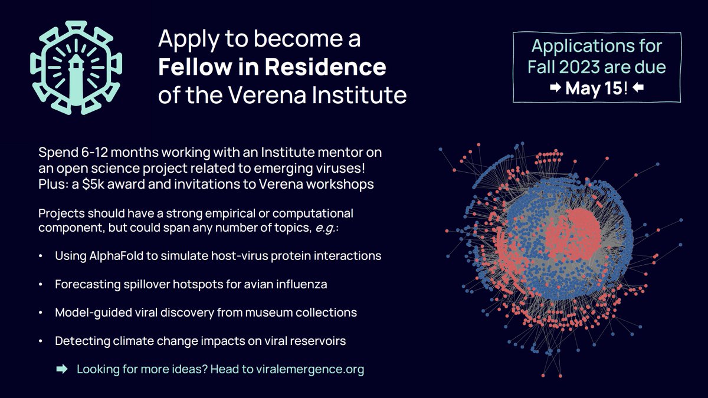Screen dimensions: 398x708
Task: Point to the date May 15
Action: pyautogui.click(x=592, y=88)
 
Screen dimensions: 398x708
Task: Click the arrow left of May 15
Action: pyautogui.click(x=556, y=88)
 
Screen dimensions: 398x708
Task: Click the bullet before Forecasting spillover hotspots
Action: pyautogui.click(x=40, y=285)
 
